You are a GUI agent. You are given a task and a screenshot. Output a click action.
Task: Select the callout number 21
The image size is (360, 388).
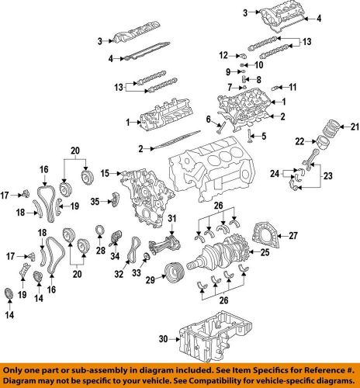[x=355, y=126]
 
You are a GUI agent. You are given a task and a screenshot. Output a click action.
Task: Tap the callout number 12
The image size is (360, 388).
[x=223, y=54]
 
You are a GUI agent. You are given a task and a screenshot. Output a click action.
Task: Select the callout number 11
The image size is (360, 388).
[x=292, y=85]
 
